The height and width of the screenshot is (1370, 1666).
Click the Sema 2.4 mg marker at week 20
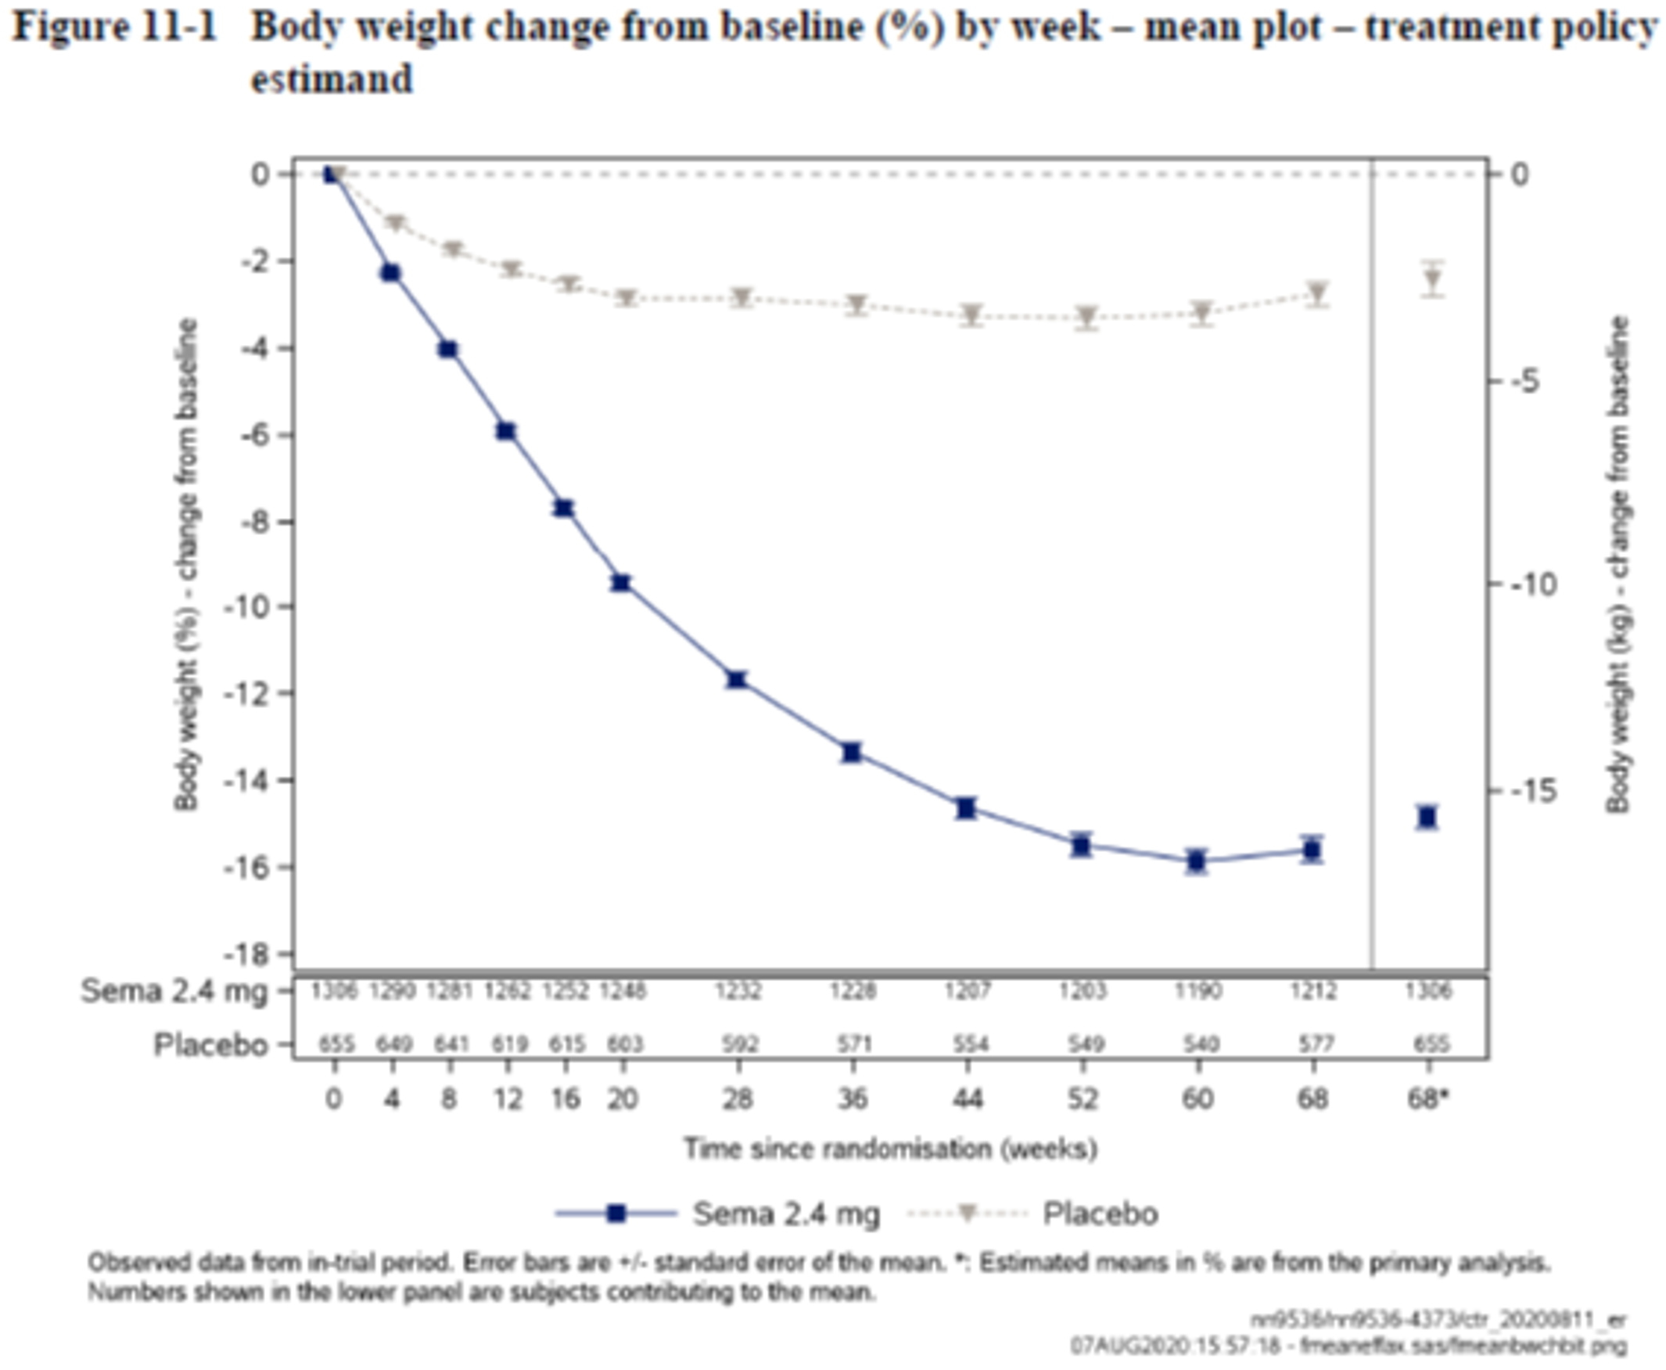(x=622, y=583)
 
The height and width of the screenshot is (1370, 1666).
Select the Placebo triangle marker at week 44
(x=971, y=314)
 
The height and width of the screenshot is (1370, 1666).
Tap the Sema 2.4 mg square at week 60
(x=1197, y=861)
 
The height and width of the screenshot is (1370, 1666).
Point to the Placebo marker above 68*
(x=1433, y=279)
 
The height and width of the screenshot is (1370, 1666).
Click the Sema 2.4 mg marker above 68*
(x=1427, y=817)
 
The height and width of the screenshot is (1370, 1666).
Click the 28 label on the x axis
(x=738, y=1099)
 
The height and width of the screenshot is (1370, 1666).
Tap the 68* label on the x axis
(x=1428, y=1099)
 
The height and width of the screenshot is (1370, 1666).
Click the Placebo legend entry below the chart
(x=1100, y=1214)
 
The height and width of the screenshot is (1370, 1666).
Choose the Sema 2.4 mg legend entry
(x=785, y=1214)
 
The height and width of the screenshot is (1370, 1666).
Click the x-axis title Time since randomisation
(x=890, y=1149)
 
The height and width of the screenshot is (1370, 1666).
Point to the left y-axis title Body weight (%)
(x=187, y=563)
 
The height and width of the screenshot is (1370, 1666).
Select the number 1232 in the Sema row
(x=738, y=991)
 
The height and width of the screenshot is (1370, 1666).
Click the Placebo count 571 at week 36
(x=854, y=1045)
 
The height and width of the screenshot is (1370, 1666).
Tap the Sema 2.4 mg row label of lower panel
(x=174, y=991)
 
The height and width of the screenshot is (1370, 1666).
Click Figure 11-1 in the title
(x=117, y=27)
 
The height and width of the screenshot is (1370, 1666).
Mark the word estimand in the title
(x=332, y=78)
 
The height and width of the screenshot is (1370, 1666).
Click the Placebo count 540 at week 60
(x=1199, y=1045)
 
